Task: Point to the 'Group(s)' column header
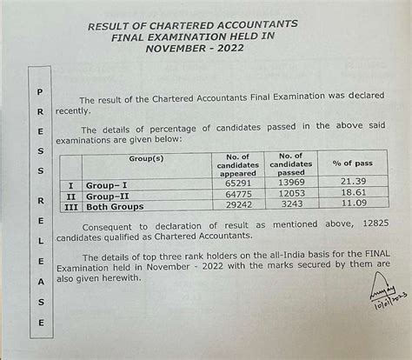point(145,160)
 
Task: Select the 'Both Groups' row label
point(116,210)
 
